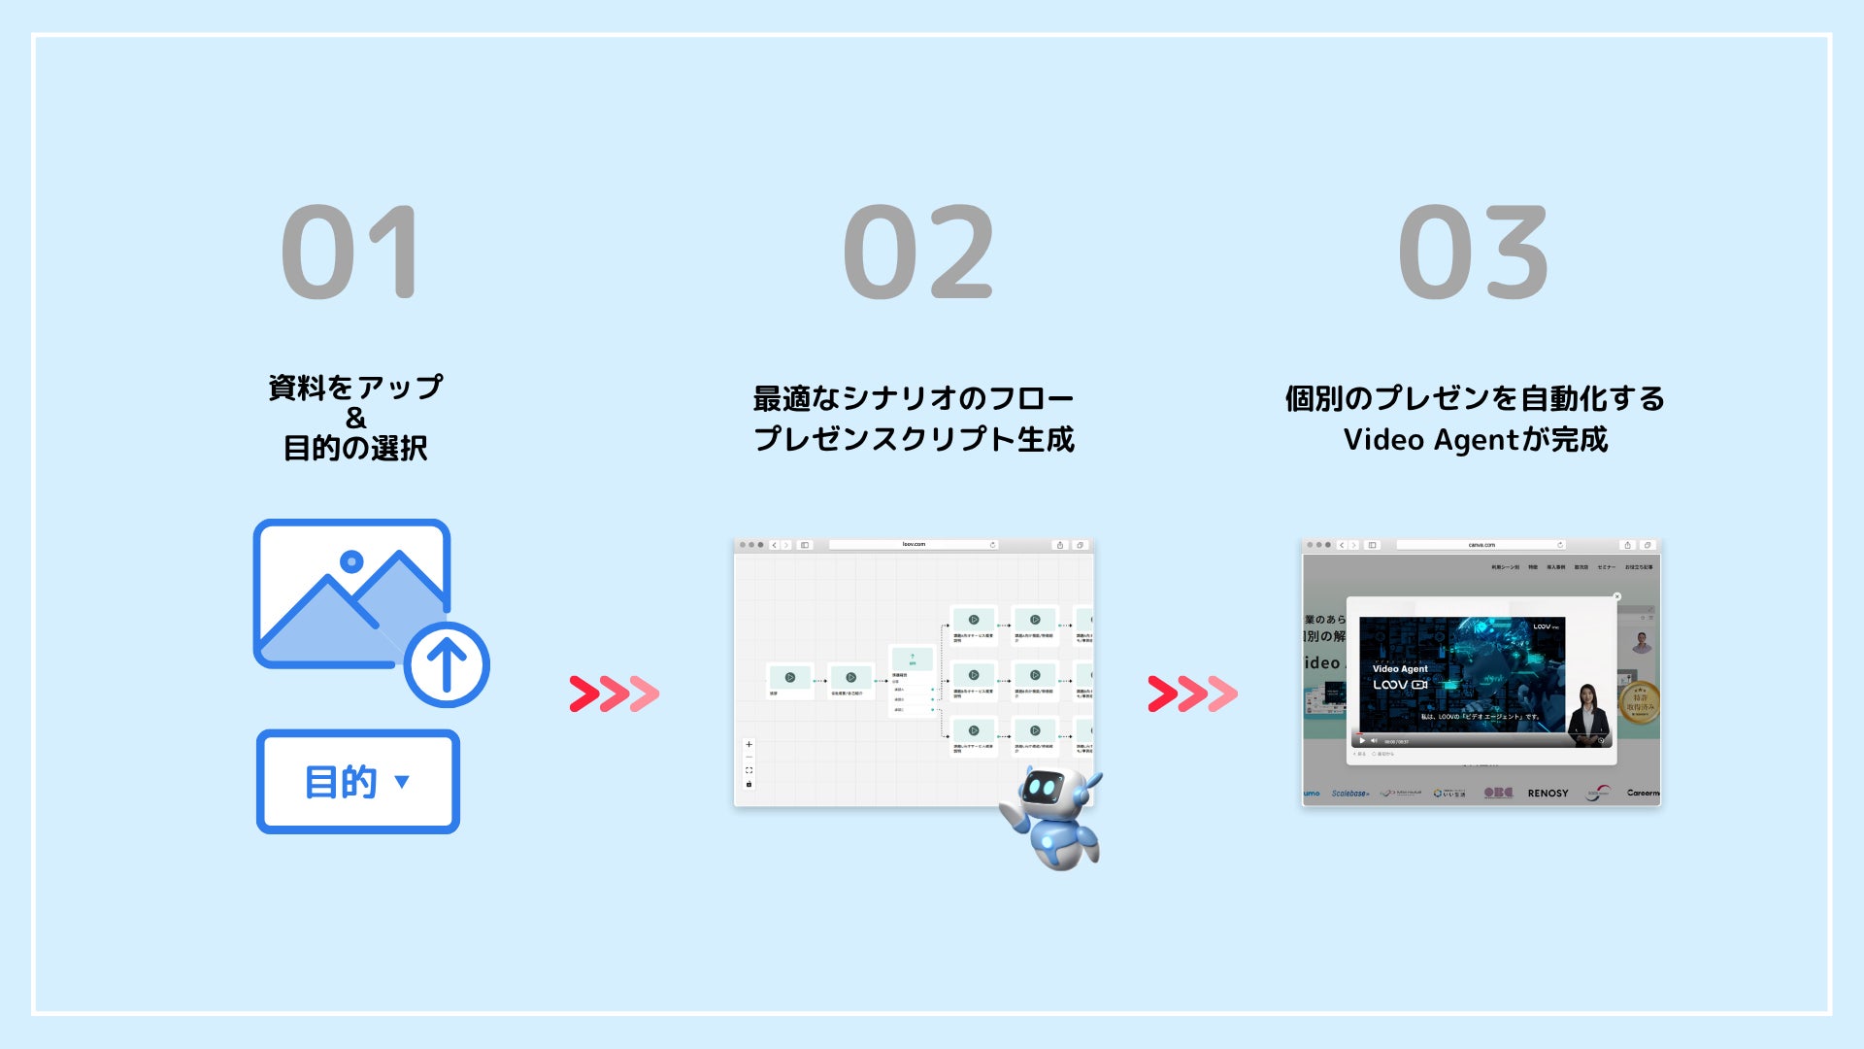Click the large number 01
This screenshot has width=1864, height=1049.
pyautogui.click(x=350, y=253)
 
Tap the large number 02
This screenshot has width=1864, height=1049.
pyautogui.click(x=918, y=253)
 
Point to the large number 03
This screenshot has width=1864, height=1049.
pyautogui.click(x=1473, y=253)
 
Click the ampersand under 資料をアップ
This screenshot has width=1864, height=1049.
pyautogui.click(x=355, y=418)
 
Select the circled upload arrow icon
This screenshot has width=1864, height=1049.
pyautogui.click(x=447, y=665)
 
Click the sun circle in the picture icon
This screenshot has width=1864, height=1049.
pyautogui.click(x=351, y=561)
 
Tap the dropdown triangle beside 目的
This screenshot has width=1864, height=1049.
pyautogui.click(x=402, y=781)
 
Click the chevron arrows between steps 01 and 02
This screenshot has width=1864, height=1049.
pyautogui.click(x=615, y=694)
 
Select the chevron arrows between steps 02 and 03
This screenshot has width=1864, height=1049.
pyautogui.click(x=1192, y=694)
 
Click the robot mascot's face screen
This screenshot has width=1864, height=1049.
pyautogui.click(x=1043, y=788)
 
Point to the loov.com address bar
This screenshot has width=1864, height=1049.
pyautogui.click(x=913, y=545)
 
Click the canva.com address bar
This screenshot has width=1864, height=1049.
pyautogui.click(x=1481, y=545)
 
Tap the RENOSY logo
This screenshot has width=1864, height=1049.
pyautogui.click(x=1548, y=794)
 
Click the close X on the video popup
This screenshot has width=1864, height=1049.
pyautogui.click(x=1616, y=596)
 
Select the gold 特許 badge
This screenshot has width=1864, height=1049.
pyautogui.click(x=1640, y=701)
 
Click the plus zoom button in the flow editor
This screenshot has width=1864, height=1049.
pyautogui.click(x=749, y=745)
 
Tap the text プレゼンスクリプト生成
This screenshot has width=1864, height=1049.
pyautogui.click(x=914, y=439)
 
